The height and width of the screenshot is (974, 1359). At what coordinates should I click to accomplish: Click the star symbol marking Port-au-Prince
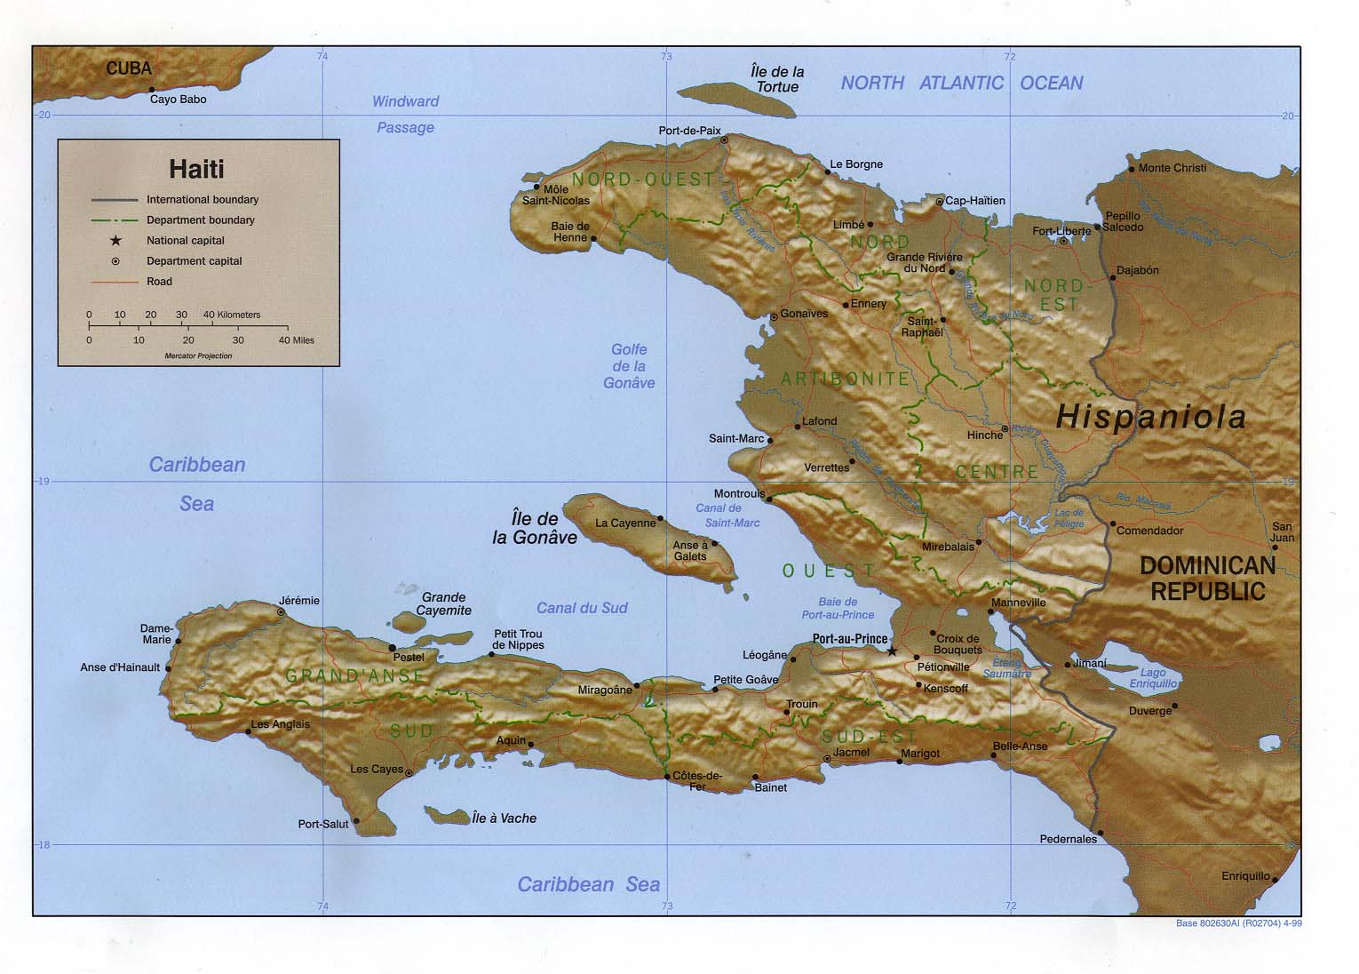[892, 651]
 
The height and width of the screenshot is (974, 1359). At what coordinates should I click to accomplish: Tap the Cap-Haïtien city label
[975, 201]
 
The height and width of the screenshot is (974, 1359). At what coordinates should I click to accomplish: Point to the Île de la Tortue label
[777, 79]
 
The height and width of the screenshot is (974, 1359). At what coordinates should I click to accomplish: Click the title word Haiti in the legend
[197, 169]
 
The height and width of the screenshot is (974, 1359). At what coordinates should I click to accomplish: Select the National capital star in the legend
[115, 240]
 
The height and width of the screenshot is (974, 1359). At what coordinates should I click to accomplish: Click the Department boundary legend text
[201, 220]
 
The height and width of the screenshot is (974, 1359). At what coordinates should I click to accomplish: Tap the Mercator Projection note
[198, 355]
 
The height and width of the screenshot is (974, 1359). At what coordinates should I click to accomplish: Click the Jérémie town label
[299, 601]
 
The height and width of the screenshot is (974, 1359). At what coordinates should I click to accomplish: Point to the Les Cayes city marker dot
[409, 773]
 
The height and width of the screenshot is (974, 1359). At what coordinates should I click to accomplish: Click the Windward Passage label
[405, 114]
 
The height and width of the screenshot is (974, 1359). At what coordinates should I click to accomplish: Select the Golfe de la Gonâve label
[629, 366]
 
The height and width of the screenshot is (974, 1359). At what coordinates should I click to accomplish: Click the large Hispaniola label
[1151, 416]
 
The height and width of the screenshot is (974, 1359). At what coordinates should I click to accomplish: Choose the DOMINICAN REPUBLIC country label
[1207, 578]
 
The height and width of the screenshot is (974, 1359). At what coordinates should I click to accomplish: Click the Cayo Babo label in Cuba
[178, 100]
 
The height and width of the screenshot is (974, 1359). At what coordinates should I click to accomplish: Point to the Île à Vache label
[504, 818]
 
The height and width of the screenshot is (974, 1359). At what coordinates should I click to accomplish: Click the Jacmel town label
[852, 752]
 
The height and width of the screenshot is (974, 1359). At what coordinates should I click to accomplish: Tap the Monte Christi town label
[1172, 168]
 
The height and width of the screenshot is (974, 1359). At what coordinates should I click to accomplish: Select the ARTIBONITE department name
[846, 379]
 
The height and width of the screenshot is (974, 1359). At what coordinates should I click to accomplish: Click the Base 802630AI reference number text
[1239, 923]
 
